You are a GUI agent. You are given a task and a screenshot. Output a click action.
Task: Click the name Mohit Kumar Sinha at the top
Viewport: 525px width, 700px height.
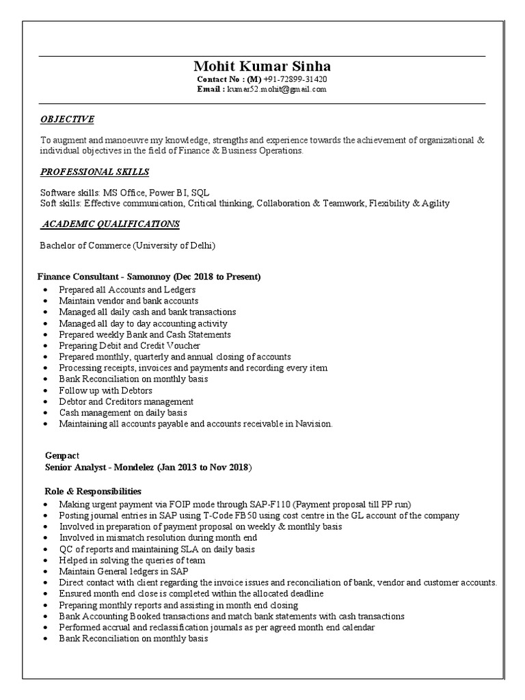(262, 66)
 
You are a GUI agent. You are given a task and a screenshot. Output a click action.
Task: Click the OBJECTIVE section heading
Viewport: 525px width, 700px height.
(67, 119)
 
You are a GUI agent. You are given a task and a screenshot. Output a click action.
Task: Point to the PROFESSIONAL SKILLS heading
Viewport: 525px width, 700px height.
(94, 172)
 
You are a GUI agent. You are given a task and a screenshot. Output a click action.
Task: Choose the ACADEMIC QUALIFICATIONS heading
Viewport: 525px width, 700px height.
(111, 224)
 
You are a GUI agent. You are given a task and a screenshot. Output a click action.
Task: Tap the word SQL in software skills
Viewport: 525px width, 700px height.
(200, 192)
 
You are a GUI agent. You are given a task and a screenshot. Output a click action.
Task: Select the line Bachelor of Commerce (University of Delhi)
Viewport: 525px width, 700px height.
(129, 245)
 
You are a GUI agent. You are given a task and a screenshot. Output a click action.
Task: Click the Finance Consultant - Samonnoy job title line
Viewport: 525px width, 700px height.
(149, 277)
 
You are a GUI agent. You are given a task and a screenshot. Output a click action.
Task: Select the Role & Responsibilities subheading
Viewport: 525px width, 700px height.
(92, 491)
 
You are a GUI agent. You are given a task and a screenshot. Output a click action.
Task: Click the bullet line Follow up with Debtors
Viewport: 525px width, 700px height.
(105, 390)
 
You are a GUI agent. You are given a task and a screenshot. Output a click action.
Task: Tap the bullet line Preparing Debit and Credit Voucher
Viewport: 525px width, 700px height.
(124, 346)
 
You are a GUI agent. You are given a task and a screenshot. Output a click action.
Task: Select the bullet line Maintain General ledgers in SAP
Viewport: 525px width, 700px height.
(123, 571)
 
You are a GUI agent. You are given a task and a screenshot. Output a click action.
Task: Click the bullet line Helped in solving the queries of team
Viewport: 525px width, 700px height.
(132, 560)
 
